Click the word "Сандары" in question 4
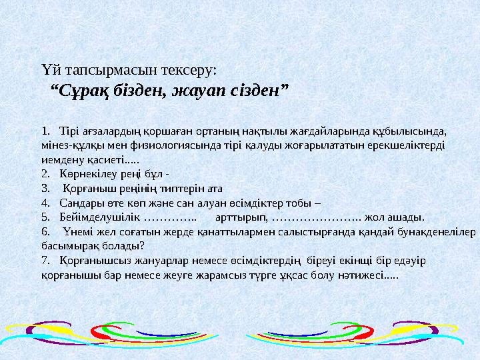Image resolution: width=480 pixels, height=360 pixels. click(79, 202)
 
